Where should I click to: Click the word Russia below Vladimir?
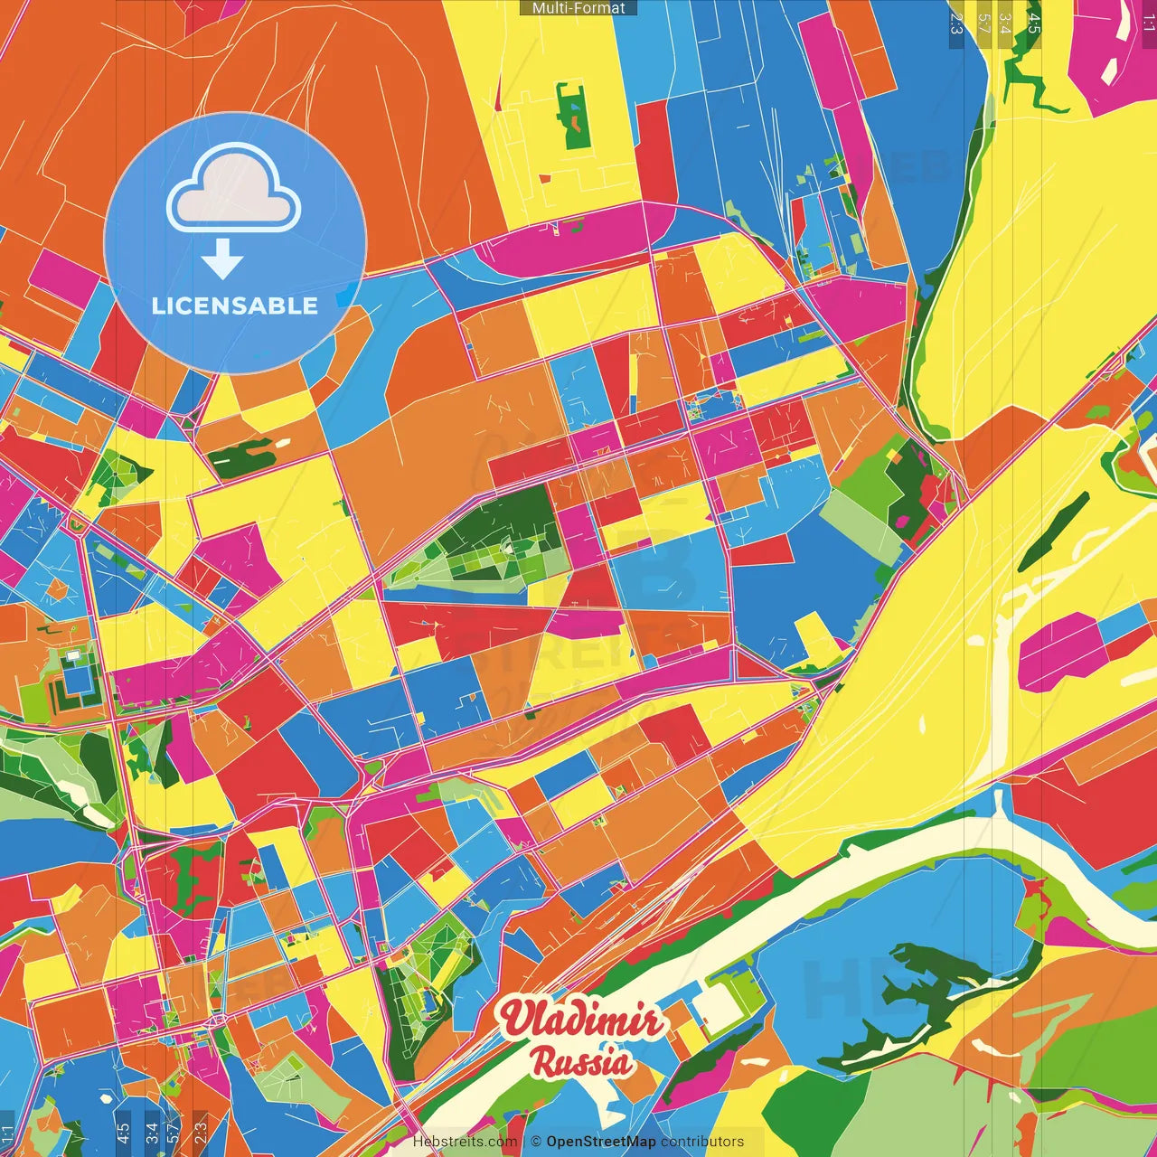click(x=581, y=1062)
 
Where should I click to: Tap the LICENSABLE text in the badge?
click(x=235, y=306)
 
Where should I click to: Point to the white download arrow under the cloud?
click(x=222, y=259)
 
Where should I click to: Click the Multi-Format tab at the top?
click(x=578, y=8)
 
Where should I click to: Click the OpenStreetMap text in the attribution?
click(x=600, y=1142)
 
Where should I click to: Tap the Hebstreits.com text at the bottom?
click(x=465, y=1142)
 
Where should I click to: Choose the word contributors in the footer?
click(x=702, y=1142)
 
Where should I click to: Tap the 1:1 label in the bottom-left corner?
click(x=8, y=1133)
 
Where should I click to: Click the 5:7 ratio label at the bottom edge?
click(x=173, y=1132)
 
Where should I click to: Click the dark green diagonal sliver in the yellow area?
click(x=1053, y=533)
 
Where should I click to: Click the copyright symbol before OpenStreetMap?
click(x=536, y=1142)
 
